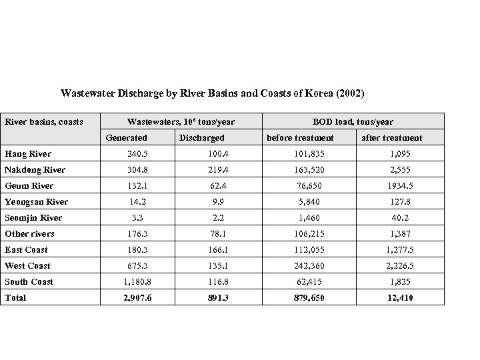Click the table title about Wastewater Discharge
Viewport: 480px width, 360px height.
click(x=213, y=93)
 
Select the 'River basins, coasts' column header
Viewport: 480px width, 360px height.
click(x=44, y=121)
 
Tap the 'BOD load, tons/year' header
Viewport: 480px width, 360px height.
click(x=353, y=121)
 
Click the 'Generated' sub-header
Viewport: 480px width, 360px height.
click(x=127, y=137)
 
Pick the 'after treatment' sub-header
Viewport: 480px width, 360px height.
click(x=391, y=137)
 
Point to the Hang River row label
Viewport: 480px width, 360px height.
click(x=28, y=154)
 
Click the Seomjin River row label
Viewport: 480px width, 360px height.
click(x=33, y=218)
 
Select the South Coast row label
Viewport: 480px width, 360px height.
click(x=29, y=281)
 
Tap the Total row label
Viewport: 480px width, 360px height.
click(x=15, y=297)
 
